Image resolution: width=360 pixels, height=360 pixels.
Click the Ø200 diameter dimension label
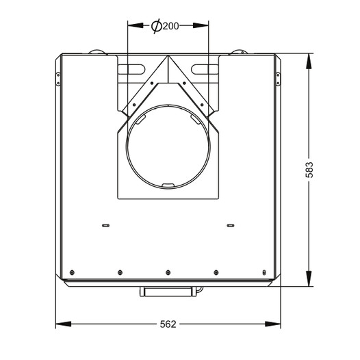pyautogui.click(x=165, y=26)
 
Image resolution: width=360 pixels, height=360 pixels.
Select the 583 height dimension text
pyautogui.click(x=309, y=170)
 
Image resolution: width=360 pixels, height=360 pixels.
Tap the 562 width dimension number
pyautogui.click(x=168, y=324)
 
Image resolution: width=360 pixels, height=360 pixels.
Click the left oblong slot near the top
pyautogui.click(x=131, y=70)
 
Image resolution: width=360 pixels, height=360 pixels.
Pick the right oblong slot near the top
pyautogui.click(x=205, y=70)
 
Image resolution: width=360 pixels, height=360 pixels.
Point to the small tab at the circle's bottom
pyautogui.click(x=168, y=185)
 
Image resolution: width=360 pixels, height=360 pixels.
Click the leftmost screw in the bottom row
pyautogui.click(x=72, y=272)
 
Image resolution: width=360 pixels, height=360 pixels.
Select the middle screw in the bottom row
pyautogui.click(x=168, y=272)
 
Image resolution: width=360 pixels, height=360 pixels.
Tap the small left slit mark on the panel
pyautogui.click(x=105, y=225)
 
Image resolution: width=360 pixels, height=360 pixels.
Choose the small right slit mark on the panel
pyautogui.click(x=231, y=225)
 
